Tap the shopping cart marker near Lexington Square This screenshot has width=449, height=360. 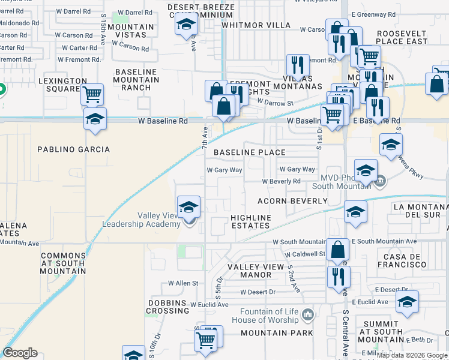coord(92,94)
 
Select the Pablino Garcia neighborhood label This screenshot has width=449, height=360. coord(73,149)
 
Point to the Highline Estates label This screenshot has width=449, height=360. coord(251,221)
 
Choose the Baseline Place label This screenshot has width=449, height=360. coord(251,153)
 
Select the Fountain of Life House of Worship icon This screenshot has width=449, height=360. coord(308,314)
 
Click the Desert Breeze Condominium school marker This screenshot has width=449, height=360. coord(186,25)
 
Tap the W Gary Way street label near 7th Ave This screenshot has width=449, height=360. coord(224,170)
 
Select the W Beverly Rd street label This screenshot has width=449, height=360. coord(281,181)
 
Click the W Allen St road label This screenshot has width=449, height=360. coord(183,283)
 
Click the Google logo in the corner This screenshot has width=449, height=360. coord(20,353)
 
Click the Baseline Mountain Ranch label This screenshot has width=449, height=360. coord(136,80)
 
